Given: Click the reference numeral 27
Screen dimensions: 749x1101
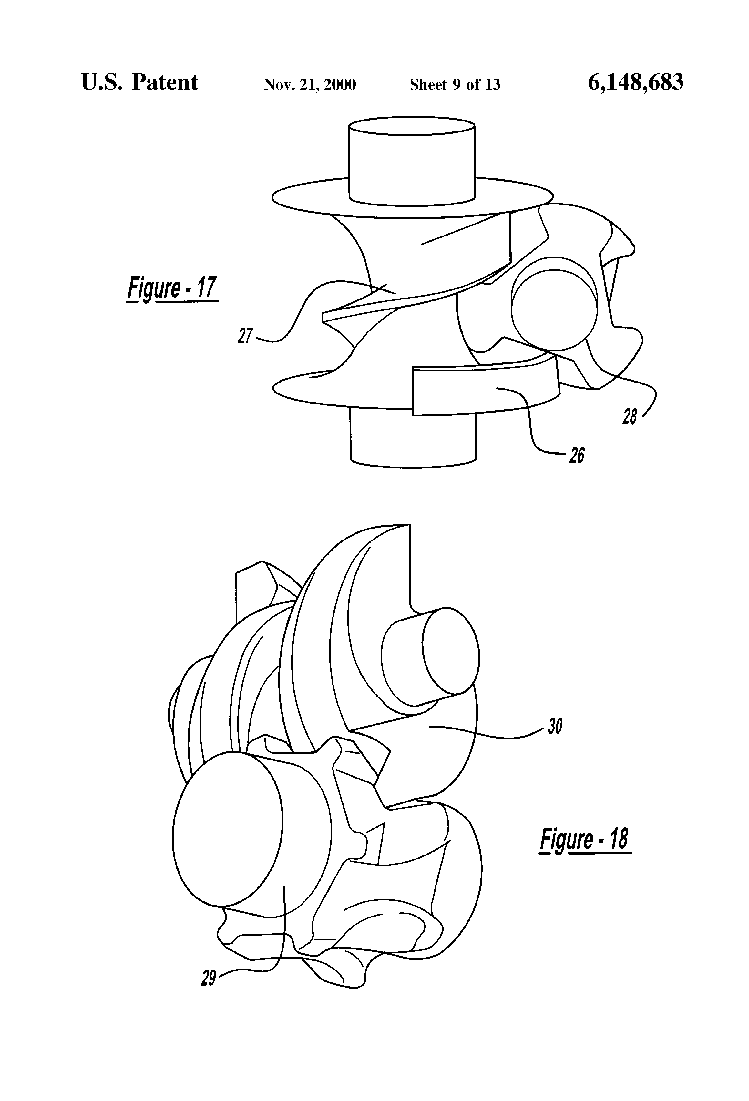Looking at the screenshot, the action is (x=245, y=336).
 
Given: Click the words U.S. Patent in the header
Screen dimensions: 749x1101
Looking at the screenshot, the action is (x=140, y=82).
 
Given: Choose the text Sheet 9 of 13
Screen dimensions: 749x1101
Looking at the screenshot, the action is (x=455, y=84).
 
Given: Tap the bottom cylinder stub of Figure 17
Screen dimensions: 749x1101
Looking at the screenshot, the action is (x=413, y=438).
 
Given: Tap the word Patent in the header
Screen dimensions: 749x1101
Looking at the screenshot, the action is (x=165, y=82).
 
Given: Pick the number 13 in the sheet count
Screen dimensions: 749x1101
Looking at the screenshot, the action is (x=493, y=84).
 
